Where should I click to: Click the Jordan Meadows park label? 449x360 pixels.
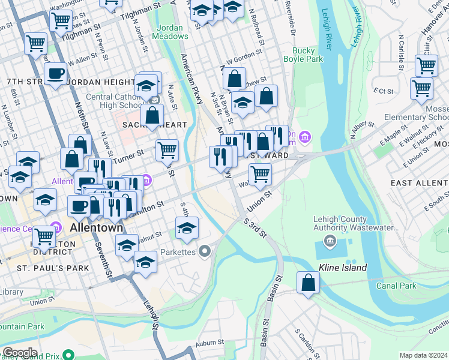172,32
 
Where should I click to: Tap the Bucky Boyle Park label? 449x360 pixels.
307,55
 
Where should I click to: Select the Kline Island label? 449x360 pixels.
343,268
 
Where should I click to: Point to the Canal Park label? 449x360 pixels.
396,286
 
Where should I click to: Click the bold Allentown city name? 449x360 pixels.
97,228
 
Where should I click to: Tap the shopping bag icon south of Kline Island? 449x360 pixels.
308,283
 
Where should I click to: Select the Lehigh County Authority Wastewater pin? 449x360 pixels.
330,241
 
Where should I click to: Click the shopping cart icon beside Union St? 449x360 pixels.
260,174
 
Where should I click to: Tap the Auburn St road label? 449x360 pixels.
210,342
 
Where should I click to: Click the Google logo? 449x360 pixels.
19,353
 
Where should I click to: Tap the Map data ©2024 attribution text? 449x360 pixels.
423,355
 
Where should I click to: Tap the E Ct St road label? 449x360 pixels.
382,92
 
